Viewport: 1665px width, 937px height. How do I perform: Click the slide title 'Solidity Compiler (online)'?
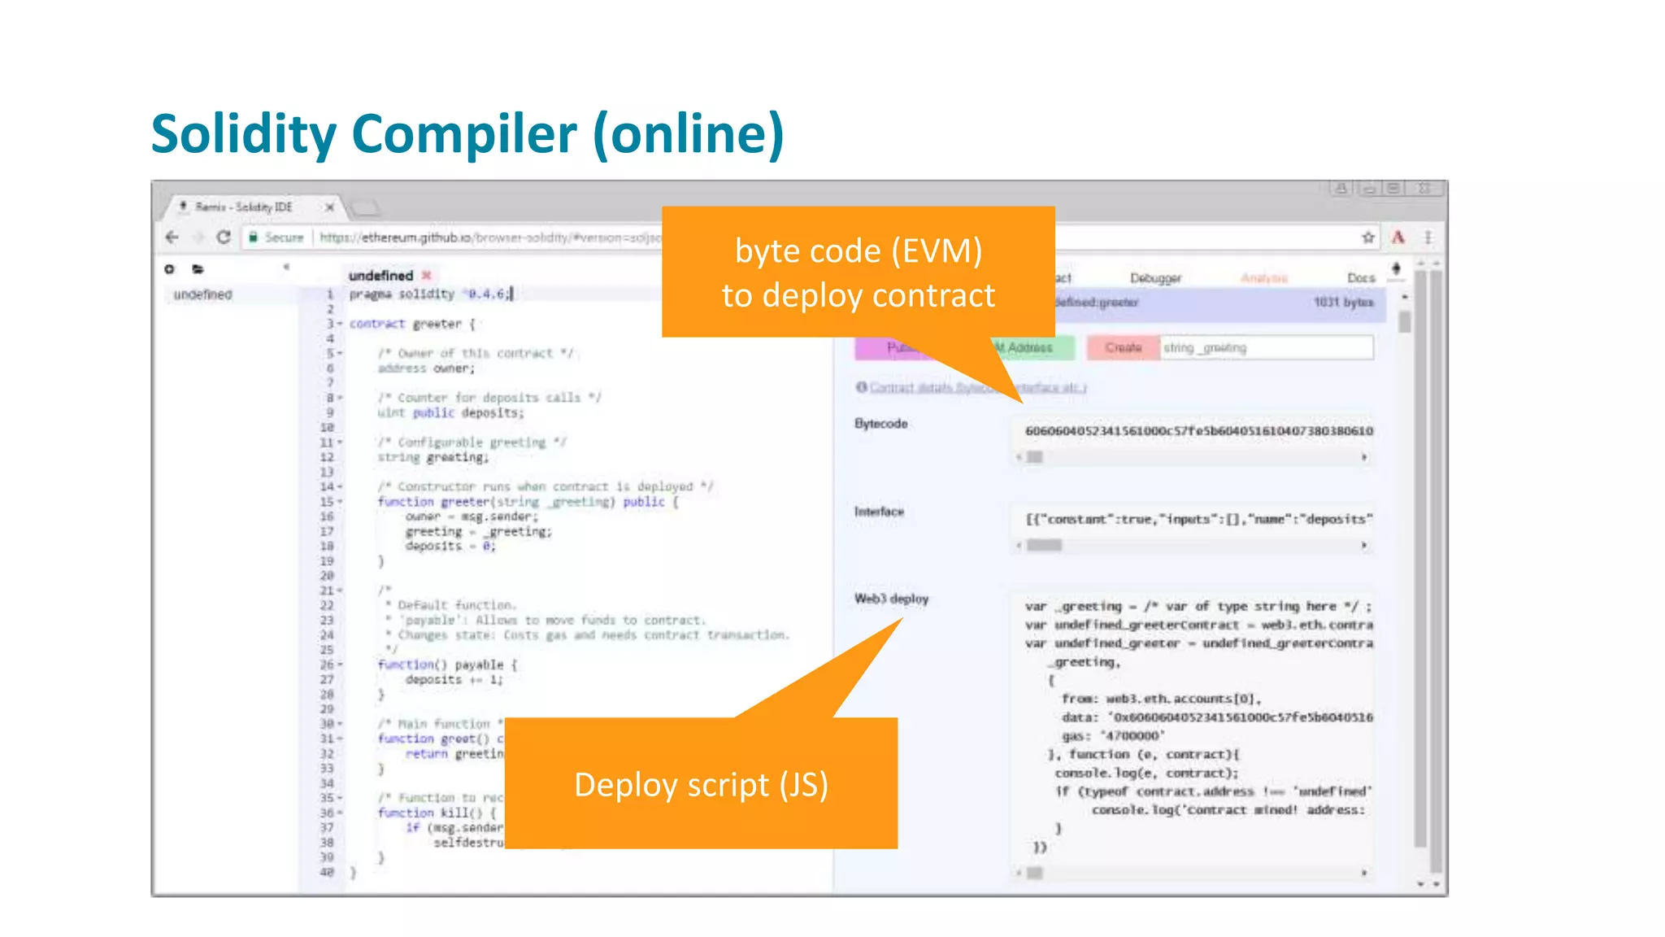pyautogui.click(x=467, y=134)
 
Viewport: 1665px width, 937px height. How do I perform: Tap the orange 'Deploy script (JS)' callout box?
pyautogui.click(x=701, y=784)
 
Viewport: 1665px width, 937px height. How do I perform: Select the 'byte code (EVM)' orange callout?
pyautogui.click(x=858, y=272)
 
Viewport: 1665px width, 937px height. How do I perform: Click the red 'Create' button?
pyautogui.click(x=1123, y=348)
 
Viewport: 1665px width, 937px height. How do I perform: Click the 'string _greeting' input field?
pyautogui.click(x=1266, y=348)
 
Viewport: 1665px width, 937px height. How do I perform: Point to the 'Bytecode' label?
pyautogui.click(x=880, y=424)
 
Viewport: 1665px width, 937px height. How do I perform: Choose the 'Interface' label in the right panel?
pyautogui.click(x=879, y=512)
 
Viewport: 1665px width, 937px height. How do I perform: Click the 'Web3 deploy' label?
pyautogui.click(x=891, y=599)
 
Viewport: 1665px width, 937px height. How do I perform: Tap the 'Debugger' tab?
pyautogui.click(x=1155, y=278)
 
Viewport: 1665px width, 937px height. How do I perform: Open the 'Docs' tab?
pyautogui.click(x=1360, y=278)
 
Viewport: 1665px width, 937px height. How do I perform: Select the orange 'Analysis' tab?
pyautogui.click(x=1263, y=278)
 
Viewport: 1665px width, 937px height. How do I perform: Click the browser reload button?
pyautogui.click(x=224, y=238)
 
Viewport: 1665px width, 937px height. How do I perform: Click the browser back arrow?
pyautogui.click(x=172, y=238)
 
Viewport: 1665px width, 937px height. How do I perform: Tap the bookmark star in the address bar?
pyautogui.click(x=1368, y=238)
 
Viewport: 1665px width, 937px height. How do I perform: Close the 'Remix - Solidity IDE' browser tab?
pyautogui.click(x=329, y=207)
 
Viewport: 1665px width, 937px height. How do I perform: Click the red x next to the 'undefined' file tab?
pyautogui.click(x=426, y=276)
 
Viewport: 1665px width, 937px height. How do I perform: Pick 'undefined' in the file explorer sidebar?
pyautogui.click(x=202, y=294)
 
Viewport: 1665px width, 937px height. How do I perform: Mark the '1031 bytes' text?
pyautogui.click(x=1343, y=303)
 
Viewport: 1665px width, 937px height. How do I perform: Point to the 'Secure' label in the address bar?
pyautogui.click(x=283, y=238)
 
